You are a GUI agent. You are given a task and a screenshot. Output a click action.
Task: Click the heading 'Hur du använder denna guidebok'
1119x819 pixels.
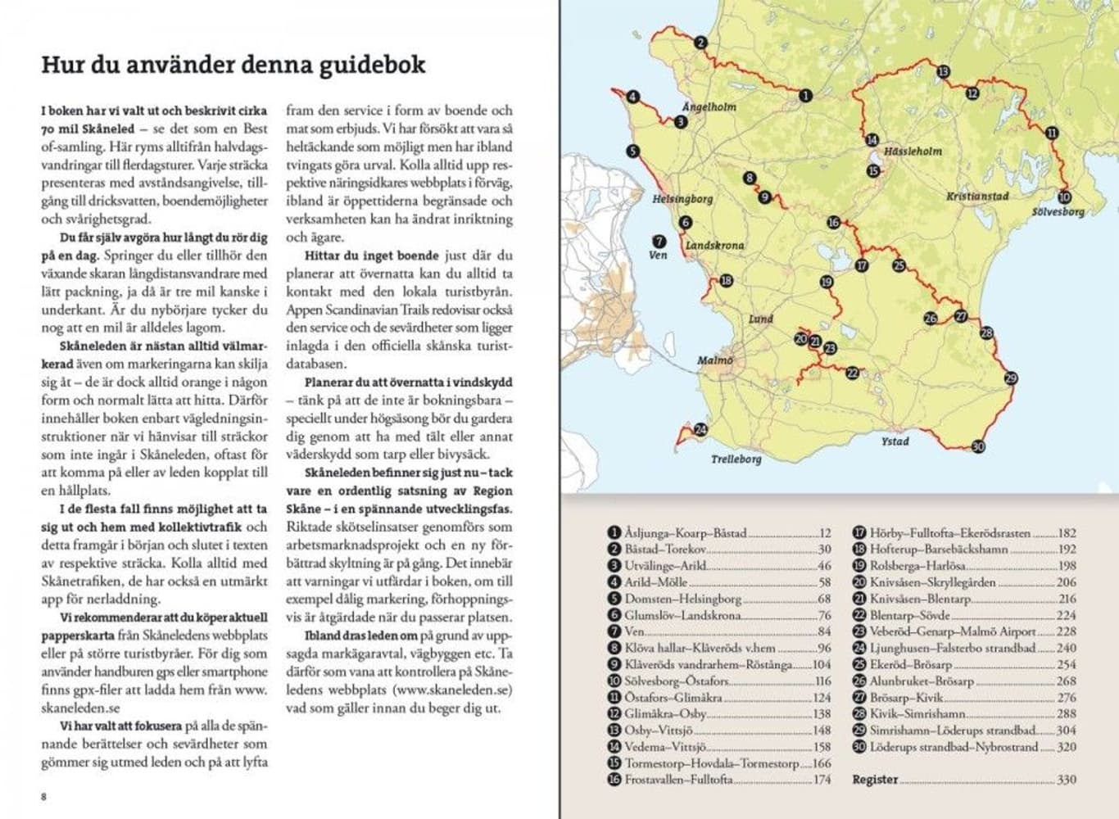click(x=233, y=66)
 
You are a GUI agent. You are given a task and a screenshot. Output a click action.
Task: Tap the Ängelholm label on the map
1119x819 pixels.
click(x=709, y=107)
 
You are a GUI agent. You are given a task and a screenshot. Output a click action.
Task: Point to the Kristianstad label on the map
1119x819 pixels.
click(x=976, y=197)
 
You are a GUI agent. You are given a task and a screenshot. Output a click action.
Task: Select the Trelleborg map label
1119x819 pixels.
click(x=736, y=459)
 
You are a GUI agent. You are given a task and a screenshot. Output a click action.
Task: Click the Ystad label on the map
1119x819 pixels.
click(x=895, y=441)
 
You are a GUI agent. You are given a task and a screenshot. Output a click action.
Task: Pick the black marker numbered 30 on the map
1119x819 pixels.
click(x=977, y=446)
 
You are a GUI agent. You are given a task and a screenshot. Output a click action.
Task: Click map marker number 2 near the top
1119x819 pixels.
click(x=700, y=43)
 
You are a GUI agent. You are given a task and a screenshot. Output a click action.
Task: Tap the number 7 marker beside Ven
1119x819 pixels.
click(x=658, y=241)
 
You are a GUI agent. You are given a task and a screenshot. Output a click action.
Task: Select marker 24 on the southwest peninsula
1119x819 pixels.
click(x=700, y=430)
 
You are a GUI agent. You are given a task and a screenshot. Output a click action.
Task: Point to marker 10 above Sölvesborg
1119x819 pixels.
click(x=1063, y=197)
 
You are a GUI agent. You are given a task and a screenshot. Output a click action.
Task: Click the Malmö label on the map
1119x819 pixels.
click(x=714, y=360)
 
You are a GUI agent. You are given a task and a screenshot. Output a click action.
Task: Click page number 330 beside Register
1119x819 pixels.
click(x=1066, y=780)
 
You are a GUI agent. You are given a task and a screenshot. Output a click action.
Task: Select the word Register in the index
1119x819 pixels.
click(x=875, y=780)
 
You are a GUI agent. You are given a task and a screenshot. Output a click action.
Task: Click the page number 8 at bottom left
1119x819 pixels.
click(x=44, y=796)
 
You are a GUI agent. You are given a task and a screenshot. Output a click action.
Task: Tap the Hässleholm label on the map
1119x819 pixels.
click(x=913, y=152)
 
